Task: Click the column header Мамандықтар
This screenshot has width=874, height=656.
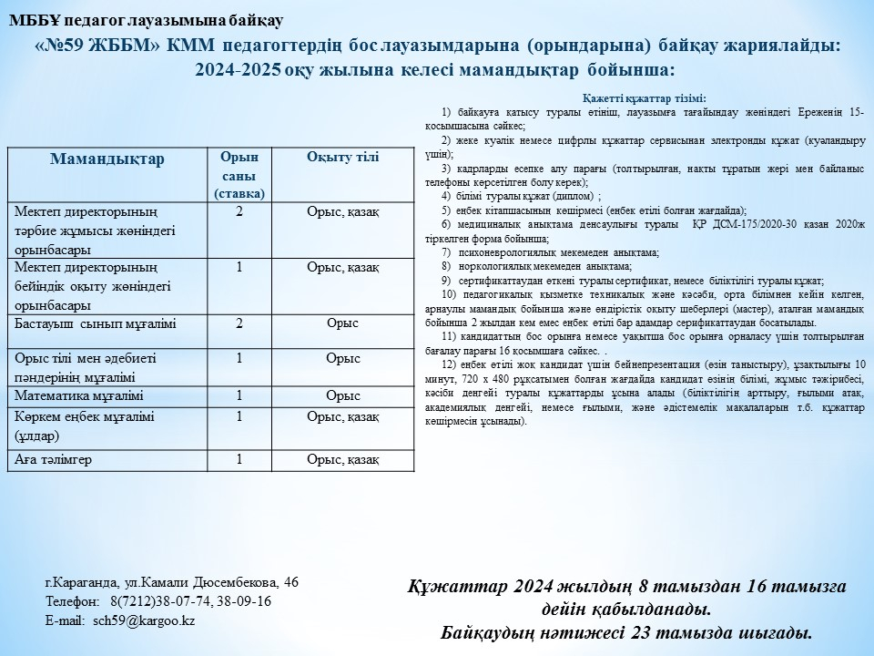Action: click(107, 159)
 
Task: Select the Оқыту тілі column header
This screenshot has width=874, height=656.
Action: click(342, 157)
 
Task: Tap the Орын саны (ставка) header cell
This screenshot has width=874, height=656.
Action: click(239, 175)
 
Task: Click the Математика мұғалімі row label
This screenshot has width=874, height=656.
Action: click(79, 395)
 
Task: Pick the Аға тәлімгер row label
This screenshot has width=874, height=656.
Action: click(54, 460)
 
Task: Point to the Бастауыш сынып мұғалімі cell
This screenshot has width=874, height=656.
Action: click(96, 323)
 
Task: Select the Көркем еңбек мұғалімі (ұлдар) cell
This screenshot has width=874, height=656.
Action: click(85, 425)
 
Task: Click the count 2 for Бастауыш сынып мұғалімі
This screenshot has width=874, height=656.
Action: click(239, 323)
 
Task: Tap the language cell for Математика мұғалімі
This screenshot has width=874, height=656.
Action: click(342, 395)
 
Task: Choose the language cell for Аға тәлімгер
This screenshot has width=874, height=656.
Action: click(342, 460)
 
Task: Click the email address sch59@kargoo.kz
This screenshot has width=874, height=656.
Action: click(144, 620)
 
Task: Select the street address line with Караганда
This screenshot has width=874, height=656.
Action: click(172, 582)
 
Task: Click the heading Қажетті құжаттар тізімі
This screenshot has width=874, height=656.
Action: click(644, 98)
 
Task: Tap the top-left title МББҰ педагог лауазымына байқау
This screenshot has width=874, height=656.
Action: click(146, 19)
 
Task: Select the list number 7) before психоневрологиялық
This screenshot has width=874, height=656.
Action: click(446, 251)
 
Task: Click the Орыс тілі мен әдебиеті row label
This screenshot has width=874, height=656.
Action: click(86, 366)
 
